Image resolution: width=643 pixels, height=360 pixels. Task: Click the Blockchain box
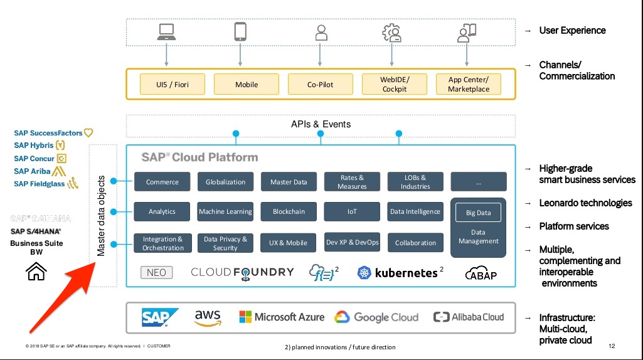click(x=289, y=211)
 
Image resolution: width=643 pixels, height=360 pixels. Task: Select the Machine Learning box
click(x=225, y=211)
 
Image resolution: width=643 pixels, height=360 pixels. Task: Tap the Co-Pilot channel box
click(x=321, y=84)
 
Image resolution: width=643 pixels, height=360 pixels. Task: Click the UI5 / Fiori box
click(x=173, y=84)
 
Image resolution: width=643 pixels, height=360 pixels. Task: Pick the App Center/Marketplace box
click(x=468, y=84)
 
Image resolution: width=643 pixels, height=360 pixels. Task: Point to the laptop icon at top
click(x=166, y=33)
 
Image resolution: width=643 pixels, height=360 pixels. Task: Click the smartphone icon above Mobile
click(x=240, y=32)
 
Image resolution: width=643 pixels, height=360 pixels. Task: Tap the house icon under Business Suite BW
click(x=36, y=272)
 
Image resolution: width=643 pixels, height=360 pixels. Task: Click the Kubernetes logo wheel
click(x=364, y=272)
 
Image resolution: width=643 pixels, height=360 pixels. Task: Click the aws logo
click(x=208, y=317)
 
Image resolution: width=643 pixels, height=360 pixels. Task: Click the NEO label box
click(x=156, y=272)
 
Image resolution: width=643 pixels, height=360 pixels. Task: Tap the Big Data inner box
click(x=478, y=213)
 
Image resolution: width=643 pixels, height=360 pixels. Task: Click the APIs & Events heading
click(x=321, y=124)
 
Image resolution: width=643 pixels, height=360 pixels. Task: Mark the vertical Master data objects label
click(x=101, y=216)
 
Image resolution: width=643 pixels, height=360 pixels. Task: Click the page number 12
click(x=612, y=346)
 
